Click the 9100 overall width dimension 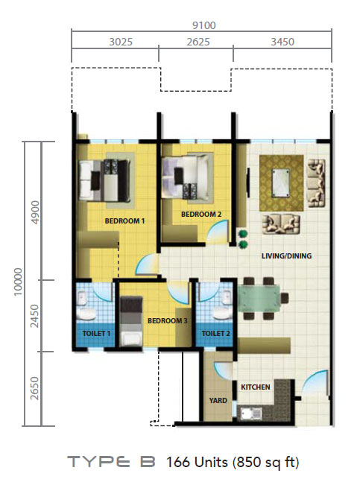tap(203, 25)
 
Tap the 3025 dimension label tap(121, 42)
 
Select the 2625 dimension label tap(198, 42)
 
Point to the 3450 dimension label tap(282, 42)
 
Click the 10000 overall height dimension tap(19, 282)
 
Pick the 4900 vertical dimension tap(35, 212)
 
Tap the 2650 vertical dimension tap(35, 388)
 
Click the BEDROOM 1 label tap(124, 221)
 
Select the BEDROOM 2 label tap(201, 214)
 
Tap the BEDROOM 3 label tap(168, 321)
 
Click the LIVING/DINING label tap(287, 256)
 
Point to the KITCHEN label tap(256, 387)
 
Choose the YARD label tap(218, 400)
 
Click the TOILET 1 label tap(96, 334)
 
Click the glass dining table tap(259, 298)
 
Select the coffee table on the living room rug tap(281, 183)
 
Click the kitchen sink tap(251, 413)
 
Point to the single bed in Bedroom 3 tap(131, 321)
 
